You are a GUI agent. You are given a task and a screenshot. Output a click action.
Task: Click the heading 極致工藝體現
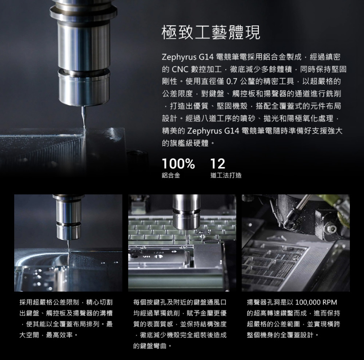(x=211, y=32)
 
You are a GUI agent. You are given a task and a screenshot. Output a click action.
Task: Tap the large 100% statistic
(x=178, y=164)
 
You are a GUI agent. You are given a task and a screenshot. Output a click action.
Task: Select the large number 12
(x=218, y=164)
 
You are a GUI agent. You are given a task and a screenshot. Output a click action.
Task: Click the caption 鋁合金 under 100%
(x=171, y=175)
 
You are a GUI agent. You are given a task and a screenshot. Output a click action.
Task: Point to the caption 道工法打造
(x=226, y=175)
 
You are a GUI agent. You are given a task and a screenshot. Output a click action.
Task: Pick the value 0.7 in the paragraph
(x=232, y=81)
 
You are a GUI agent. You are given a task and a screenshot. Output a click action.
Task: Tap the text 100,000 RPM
(x=316, y=302)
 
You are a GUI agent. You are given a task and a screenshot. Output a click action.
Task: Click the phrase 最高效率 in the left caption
(x=59, y=335)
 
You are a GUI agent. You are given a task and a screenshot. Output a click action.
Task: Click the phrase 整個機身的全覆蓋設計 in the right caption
(x=280, y=335)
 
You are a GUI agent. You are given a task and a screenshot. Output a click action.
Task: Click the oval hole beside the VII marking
(x=159, y=256)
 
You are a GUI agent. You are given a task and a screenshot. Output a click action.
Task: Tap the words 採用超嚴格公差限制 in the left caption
(x=49, y=302)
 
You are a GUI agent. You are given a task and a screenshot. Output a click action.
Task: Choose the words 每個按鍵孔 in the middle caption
(x=150, y=302)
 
